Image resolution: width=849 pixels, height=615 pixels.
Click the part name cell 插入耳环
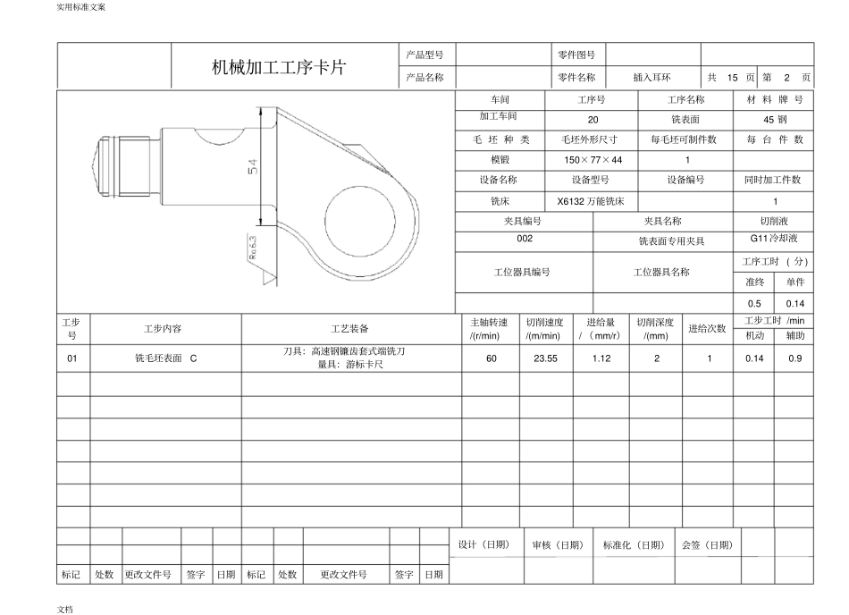coord(651,78)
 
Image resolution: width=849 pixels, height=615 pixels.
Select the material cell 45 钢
coord(774,119)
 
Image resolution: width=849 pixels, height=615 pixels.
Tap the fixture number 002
coord(525,240)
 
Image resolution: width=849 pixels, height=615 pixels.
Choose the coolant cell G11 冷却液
coord(774,240)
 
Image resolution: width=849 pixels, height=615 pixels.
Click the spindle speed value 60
coord(491,358)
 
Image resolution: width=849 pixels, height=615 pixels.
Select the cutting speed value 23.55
coord(545,358)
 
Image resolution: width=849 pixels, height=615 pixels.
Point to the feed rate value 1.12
coord(601,358)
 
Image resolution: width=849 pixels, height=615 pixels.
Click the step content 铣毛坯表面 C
coord(165,358)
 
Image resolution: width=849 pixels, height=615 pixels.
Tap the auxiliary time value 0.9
coord(794,358)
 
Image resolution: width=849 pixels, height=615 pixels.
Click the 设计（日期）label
coord(483,544)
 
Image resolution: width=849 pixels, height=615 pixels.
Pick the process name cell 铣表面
coord(685,119)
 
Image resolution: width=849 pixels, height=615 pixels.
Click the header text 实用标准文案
coord(80,7)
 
